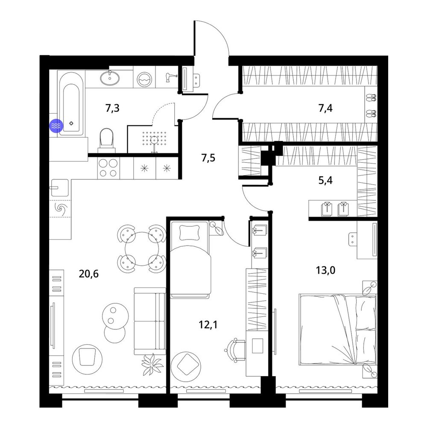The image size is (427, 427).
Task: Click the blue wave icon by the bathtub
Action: (x=56, y=126)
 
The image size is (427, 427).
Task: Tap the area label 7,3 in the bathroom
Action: (x=112, y=108)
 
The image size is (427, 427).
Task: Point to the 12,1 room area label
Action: (x=208, y=325)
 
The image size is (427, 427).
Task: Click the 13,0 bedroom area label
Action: (x=325, y=270)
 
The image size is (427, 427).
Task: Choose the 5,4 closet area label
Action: (x=325, y=180)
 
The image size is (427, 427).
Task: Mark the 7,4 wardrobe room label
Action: (x=325, y=108)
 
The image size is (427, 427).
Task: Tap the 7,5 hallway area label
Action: (x=208, y=158)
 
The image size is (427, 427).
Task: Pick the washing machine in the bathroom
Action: (x=144, y=79)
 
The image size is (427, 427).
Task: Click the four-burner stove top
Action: (x=108, y=168)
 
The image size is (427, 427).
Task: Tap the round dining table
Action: (x=142, y=249)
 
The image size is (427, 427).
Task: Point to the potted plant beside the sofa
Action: (x=152, y=364)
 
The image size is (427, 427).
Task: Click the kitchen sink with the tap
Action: (x=58, y=187)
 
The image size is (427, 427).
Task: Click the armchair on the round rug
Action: (x=87, y=357)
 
